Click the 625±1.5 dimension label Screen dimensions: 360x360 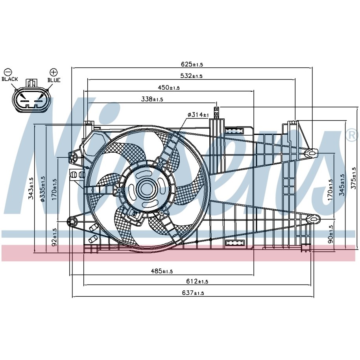(192, 64)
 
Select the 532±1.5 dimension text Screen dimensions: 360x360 (191, 76)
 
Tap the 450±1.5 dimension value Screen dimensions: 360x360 (168, 88)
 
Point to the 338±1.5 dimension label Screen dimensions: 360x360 (152, 99)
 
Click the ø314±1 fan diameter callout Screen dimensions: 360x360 (198, 114)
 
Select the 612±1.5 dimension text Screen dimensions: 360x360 (197, 281)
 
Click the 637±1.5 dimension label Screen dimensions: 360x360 (193, 293)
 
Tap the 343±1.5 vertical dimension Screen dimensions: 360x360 (31, 188)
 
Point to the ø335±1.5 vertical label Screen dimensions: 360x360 (43, 189)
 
